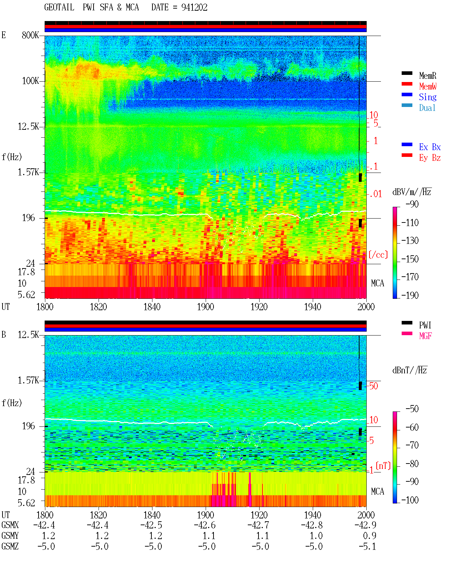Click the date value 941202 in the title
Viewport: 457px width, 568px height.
pos(194,7)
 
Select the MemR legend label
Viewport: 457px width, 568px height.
pos(427,76)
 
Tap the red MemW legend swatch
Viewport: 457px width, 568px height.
pos(407,84)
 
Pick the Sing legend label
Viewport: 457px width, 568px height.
pos(427,97)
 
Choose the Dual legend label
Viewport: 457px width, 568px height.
pos(427,108)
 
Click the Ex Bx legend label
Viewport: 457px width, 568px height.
pos(430,147)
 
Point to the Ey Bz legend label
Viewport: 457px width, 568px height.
pos(430,158)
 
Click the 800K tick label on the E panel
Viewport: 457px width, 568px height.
pos(30,35)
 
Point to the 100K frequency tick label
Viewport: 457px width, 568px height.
pos(30,81)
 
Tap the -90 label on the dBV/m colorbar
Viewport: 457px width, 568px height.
pos(412,204)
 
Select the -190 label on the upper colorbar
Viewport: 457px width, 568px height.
pos(410,295)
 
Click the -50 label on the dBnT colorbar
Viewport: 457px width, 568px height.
pos(412,409)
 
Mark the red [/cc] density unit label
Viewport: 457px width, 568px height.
pos(378,255)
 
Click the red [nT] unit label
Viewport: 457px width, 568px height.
pos(383,466)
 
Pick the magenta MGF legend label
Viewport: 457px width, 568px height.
pos(425,336)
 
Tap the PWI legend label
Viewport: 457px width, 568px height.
pos(425,325)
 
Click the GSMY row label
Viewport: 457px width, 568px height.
pos(10,536)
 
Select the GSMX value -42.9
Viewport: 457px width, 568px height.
pos(365,525)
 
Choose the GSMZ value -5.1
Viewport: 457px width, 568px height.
pos(367,546)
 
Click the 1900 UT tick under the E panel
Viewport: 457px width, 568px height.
pos(205,307)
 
